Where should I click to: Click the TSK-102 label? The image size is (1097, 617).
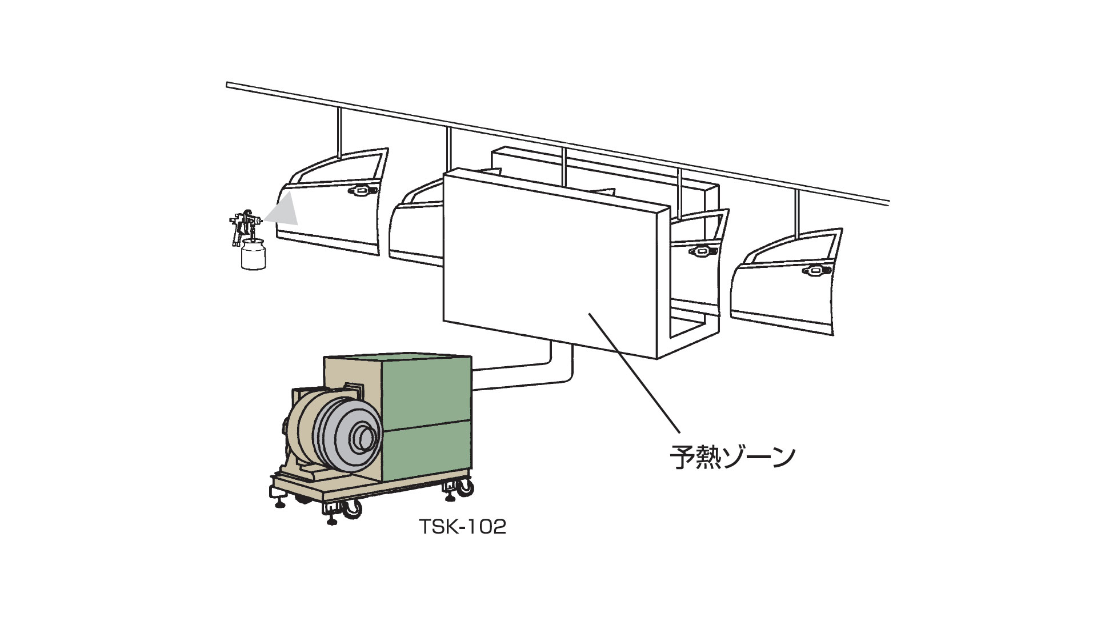click(463, 527)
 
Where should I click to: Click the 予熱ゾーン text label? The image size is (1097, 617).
click(732, 457)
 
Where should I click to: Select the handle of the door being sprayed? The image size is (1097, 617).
click(361, 190)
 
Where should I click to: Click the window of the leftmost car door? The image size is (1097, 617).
click(337, 170)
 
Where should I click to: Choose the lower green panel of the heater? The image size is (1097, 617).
click(429, 451)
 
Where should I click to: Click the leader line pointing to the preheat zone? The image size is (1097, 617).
click(634, 371)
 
